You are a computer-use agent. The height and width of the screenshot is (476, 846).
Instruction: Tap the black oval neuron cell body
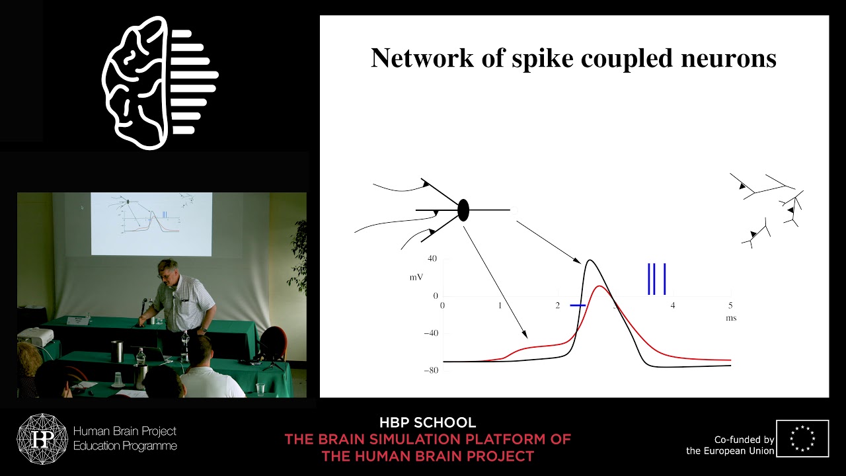pyautogui.click(x=463, y=210)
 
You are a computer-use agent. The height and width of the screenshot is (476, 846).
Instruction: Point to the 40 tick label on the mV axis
pyautogui.click(x=433, y=258)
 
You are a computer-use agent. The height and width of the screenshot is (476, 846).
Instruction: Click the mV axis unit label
pyautogui.click(x=416, y=277)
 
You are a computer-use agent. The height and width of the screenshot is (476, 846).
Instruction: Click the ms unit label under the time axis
pyautogui.click(x=730, y=318)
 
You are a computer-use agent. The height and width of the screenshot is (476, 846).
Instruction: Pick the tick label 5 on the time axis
pyautogui.click(x=730, y=305)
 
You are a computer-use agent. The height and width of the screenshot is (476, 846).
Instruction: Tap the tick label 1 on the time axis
pyautogui.click(x=500, y=305)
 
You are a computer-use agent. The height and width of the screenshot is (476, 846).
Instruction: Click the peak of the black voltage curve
pyautogui.click(x=589, y=260)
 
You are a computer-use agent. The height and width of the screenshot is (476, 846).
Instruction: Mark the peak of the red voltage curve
pyautogui.click(x=599, y=286)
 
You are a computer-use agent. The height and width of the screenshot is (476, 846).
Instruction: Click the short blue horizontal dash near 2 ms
pyautogui.click(x=578, y=305)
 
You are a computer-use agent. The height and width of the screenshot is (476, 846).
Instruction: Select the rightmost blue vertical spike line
pyautogui.click(x=664, y=278)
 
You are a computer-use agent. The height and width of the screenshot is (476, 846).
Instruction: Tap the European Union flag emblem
pyautogui.click(x=802, y=438)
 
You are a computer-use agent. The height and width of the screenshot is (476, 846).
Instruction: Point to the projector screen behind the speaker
pyautogui.click(x=151, y=223)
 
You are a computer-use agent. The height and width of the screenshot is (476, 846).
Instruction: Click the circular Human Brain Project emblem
pyautogui.click(x=42, y=439)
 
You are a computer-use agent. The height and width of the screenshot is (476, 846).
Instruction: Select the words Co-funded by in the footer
pyautogui.click(x=744, y=440)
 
